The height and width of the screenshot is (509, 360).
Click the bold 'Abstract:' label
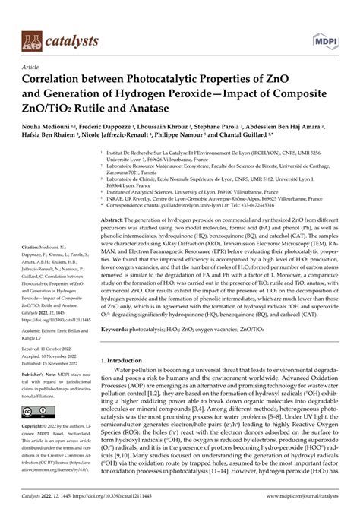point(113,219)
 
